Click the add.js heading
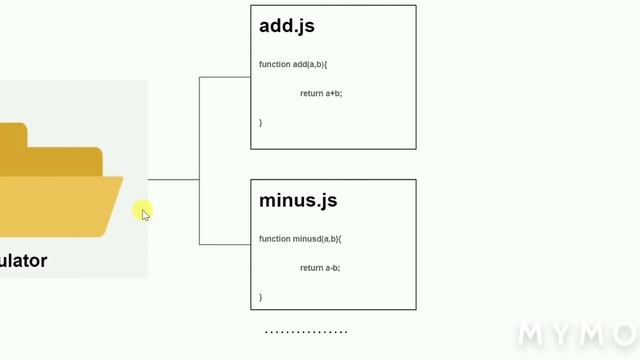(x=287, y=26)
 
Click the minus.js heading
(x=298, y=201)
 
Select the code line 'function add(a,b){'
(x=293, y=65)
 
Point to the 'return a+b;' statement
(x=321, y=93)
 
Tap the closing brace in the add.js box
(x=261, y=122)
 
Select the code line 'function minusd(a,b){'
(x=300, y=239)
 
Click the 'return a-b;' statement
(x=320, y=268)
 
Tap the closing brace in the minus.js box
(x=261, y=297)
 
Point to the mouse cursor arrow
(x=145, y=213)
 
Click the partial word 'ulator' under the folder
(x=22, y=261)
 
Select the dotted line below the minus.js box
(x=306, y=332)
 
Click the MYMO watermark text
(x=576, y=334)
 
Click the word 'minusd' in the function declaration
(x=306, y=239)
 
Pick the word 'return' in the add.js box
(x=311, y=93)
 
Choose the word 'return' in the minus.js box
(x=311, y=268)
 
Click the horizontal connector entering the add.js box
(x=225, y=77)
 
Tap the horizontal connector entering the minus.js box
(x=225, y=244)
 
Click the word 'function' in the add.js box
(x=274, y=65)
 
